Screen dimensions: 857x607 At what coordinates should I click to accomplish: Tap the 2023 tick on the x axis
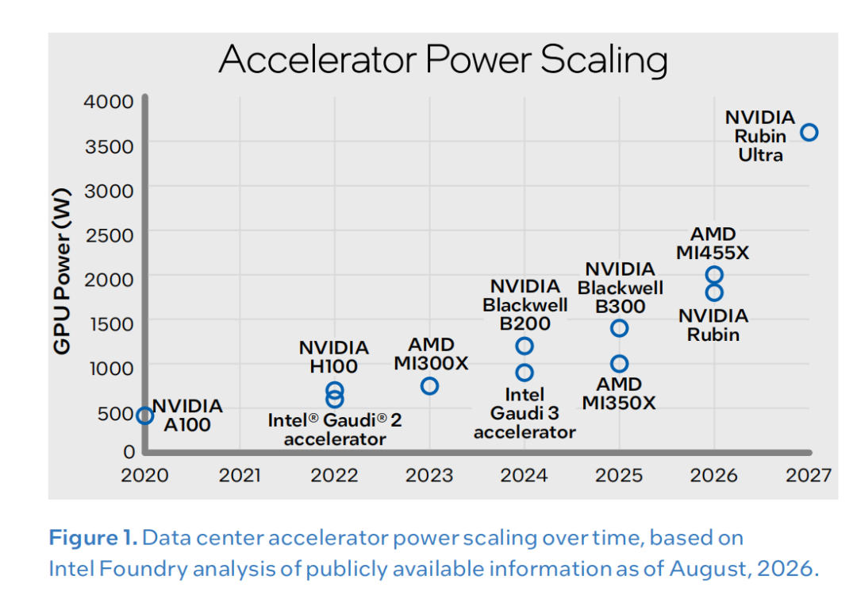click(429, 475)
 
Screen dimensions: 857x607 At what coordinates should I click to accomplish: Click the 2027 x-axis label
click(809, 475)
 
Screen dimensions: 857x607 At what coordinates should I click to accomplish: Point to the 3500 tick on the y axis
click(109, 146)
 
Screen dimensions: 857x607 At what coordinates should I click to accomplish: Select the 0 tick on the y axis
click(129, 451)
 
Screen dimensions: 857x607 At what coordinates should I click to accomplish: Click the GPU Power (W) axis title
click(62, 272)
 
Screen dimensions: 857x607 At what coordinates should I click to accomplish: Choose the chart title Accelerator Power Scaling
click(444, 60)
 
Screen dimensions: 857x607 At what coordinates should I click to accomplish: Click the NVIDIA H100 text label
click(333, 357)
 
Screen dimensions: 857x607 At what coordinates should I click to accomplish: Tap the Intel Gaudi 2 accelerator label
click(335, 430)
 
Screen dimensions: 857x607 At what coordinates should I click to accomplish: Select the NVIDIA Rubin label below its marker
click(713, 325)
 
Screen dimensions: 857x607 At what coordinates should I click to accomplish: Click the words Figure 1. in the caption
click(93, 538)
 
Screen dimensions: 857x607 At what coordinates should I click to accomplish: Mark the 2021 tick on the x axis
click(240, 475)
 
